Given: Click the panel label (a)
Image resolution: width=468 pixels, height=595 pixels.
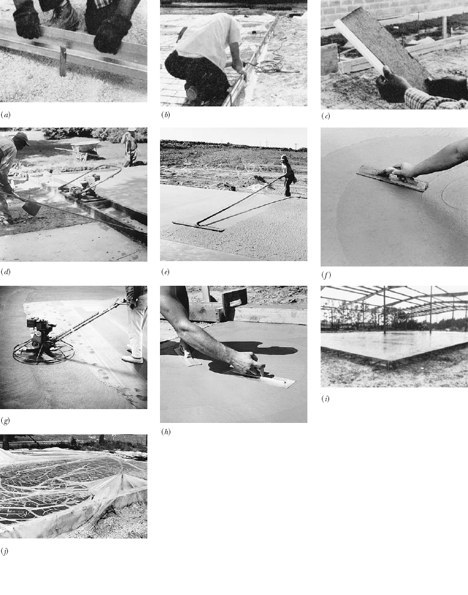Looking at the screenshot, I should tap(5, 114).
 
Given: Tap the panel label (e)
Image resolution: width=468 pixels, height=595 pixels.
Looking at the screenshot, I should tap(165, 272).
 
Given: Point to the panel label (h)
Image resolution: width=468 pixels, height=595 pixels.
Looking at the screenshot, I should tap(165, 431).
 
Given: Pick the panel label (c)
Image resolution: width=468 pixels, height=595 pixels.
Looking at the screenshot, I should tap(325, 116).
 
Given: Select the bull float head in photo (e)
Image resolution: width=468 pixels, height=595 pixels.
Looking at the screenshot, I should tap(198, 226).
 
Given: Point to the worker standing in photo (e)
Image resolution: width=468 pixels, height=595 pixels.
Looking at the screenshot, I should tap(288, 174).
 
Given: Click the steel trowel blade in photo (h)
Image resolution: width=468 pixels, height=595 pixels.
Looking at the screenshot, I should tap(271, 378).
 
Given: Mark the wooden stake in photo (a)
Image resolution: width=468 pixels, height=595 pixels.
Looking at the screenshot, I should tap(63, 61).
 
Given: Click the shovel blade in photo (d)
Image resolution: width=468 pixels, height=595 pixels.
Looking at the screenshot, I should tap(30, 208).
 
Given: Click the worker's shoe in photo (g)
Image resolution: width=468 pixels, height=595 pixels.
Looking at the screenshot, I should tap(132, 359).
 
